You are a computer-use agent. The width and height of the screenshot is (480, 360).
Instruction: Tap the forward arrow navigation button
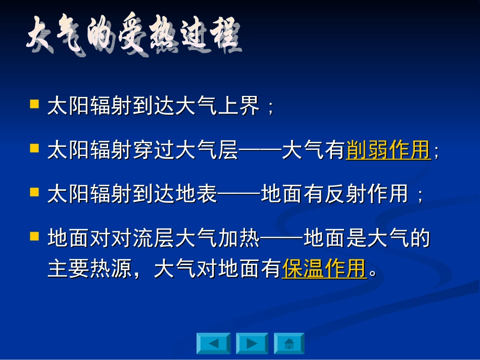(x=252, y=343)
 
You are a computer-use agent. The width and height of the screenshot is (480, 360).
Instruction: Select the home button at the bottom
(x=289, y=343)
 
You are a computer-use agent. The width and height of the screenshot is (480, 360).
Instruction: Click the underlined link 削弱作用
(x=388, y=150)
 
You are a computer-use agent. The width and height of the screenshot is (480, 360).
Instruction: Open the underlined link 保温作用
(x=324, y=269)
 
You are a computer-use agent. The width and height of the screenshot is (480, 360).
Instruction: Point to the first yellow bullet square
(x=34, y=105)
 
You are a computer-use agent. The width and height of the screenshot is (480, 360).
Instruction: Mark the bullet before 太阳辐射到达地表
(x=34, y=192)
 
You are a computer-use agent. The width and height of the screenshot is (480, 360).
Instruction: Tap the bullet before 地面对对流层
(x=34, y=236)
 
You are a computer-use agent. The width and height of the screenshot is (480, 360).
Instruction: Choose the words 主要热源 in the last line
(x=90, y=269)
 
